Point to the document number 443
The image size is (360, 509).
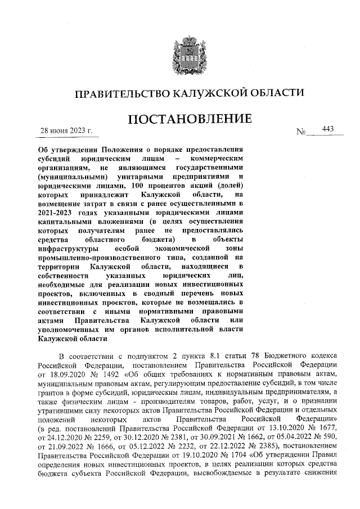[x=328, y=129]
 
